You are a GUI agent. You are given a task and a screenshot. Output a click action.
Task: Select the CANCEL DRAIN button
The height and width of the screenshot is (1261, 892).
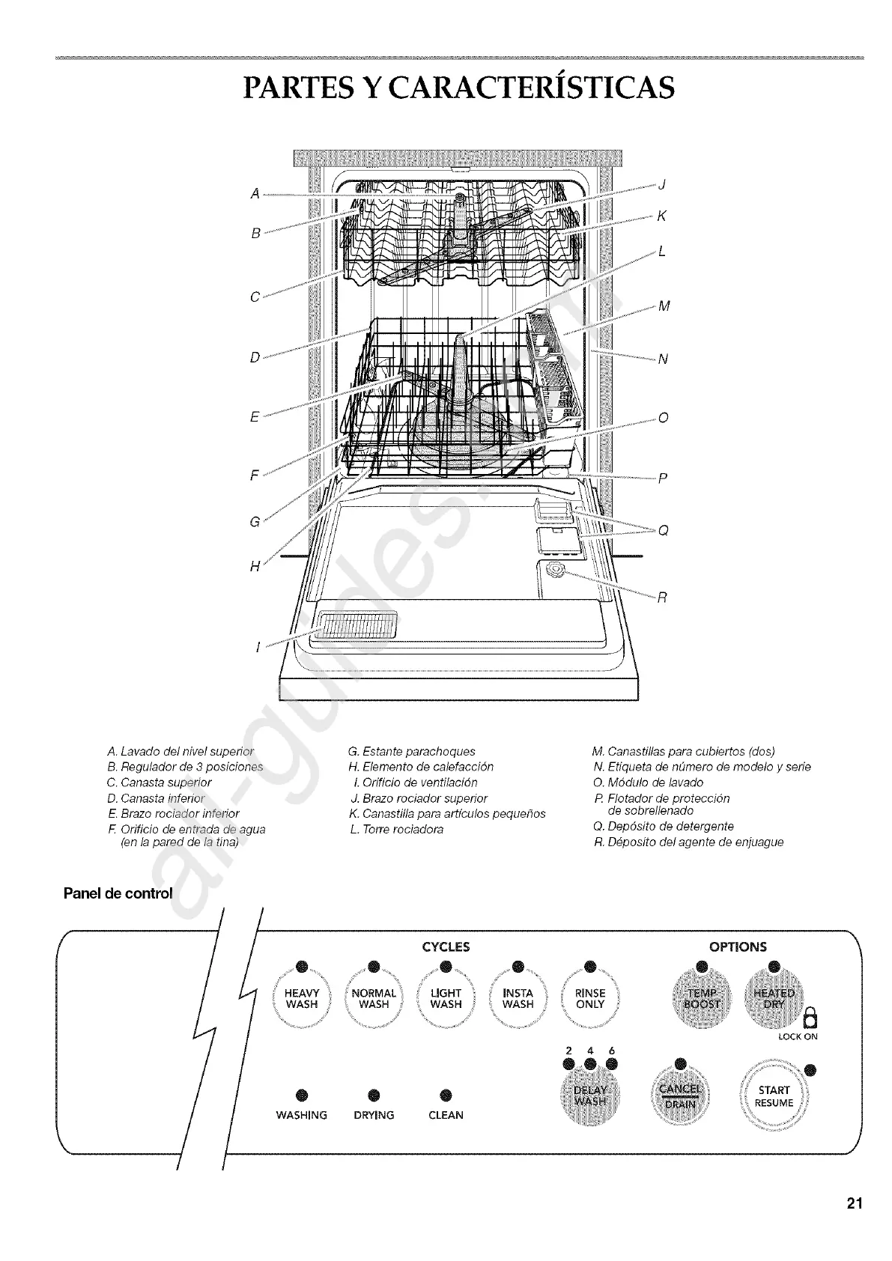point(679,1096)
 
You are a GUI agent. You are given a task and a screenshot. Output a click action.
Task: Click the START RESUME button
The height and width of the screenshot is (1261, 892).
point(774,1096)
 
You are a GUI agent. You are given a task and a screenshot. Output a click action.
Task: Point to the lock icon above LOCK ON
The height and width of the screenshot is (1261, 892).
point(810,1018)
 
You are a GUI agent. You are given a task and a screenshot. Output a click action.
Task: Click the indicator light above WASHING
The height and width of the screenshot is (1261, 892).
point(302,1094)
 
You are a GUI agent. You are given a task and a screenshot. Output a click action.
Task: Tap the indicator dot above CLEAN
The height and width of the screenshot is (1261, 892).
point(446,1094)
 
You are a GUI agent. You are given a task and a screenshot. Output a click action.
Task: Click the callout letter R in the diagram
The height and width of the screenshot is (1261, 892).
point(662,598)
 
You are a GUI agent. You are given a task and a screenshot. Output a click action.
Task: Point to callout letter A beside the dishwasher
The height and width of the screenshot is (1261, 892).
point(255,194)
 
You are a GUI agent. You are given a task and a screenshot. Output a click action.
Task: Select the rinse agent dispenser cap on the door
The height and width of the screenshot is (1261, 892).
point(556,571)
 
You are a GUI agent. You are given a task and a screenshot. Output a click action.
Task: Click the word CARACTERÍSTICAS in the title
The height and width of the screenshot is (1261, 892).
point(524,87)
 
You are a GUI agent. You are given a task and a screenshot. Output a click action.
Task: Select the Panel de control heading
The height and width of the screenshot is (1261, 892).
point(118,893)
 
